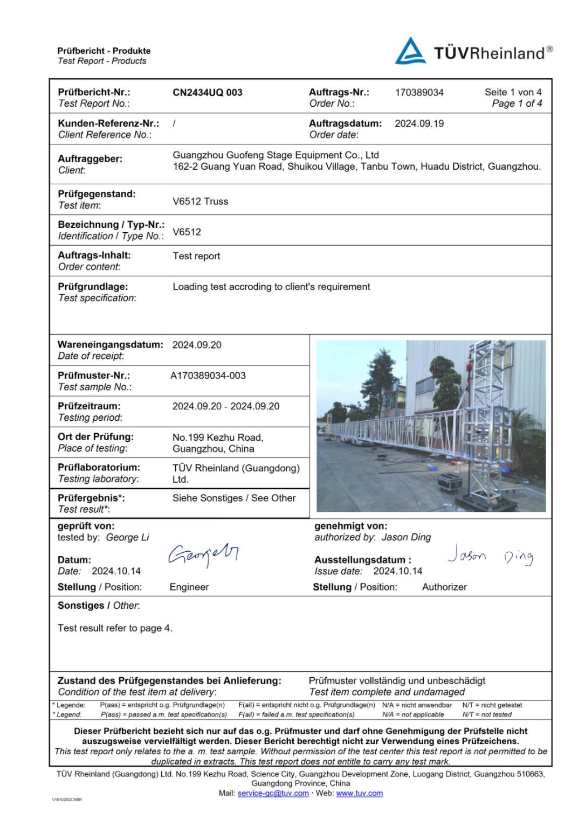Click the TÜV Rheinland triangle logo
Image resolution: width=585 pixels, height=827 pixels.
point(410,51)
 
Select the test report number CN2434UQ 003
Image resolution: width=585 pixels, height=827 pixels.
point(207,92)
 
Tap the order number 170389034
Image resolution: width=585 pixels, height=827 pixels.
point(419,92)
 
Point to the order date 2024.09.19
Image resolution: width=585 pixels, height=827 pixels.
point(419,123)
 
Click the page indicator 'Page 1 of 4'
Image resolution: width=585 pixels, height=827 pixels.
point(517,103)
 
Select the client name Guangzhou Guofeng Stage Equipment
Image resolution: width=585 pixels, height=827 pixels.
point(276,155)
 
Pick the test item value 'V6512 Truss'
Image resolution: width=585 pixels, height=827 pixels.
point(200,201)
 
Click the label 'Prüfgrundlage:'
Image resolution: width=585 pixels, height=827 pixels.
point(93,287)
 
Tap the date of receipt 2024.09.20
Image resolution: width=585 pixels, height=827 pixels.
point(197,345)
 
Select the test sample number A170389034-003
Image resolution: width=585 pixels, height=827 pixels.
point(208,376)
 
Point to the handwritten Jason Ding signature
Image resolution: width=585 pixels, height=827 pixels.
point(490,555)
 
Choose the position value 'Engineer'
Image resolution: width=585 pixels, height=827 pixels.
point(189,587)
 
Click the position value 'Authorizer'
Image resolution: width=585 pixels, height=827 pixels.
point(444,587)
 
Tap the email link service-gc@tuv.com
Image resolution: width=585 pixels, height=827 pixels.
point(273,793)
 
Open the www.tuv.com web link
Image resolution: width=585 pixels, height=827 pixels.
point(359,793)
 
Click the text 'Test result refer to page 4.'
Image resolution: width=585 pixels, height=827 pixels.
point(115,628)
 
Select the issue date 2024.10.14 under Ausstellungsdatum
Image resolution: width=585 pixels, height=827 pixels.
point(397,571)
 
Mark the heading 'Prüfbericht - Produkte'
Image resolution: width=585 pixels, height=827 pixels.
point(104,51)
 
